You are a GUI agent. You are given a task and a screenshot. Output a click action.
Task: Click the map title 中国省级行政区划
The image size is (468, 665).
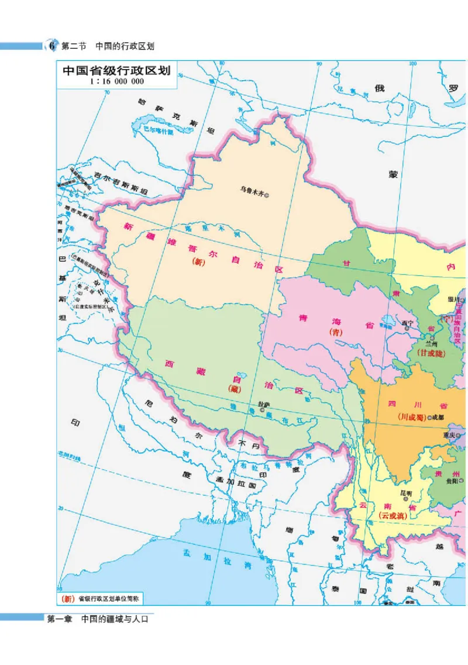click(116, 71)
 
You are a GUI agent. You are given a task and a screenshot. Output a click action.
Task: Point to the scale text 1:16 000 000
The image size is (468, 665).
click(116, 82)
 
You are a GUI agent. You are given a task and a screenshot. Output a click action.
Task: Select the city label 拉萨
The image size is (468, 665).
click(263, 404)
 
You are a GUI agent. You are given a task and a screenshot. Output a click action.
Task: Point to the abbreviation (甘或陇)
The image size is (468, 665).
click(431, 354)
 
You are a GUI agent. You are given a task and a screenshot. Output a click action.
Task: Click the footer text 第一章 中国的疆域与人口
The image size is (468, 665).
click(98, 619)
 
